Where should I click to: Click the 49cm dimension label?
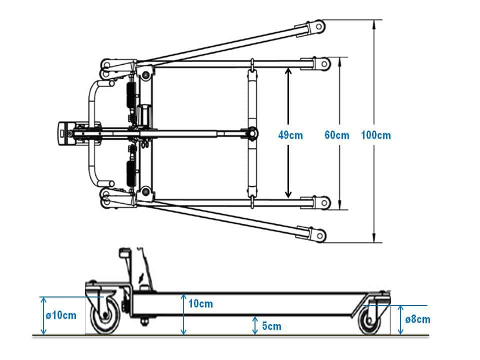pyautogui.click(x=290, y=135)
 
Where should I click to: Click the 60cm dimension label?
pyautogui.click(x=336, y=135)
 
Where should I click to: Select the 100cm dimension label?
pyautogui.click(x=376, y=135)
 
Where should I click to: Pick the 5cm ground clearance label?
pyautogui.click(x=271, y=326)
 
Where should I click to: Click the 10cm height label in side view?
pyautogui.click(x=201, y=303)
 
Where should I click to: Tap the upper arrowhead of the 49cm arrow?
pyautogui.click(x=288, y=71)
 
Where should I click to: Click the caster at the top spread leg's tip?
pyautogui.click(x=316, y=26)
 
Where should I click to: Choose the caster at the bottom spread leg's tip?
pyautogui.click(x=317, y=234)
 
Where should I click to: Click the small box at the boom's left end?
pyautogui.click(x=65, y=133)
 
